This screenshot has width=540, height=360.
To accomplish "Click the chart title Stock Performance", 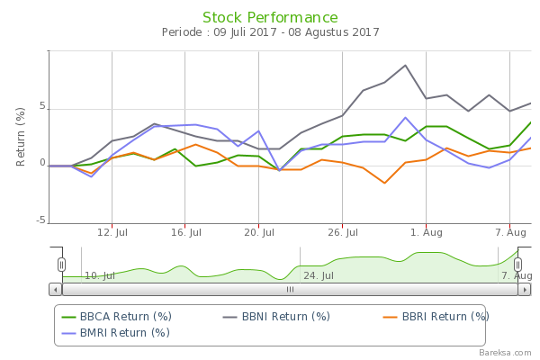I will pyautogui.click(x=270, y=18).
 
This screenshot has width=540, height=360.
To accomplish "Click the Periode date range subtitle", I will pyautogui.click(x=270, y=33).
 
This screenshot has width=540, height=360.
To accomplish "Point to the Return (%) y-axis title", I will pyautogui.click(x=21, y=137).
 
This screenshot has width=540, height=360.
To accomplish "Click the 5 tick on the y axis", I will pyautogui.click(x=41, y=107).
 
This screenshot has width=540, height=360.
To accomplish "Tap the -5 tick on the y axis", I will pyautogui.click(x=40, y=220).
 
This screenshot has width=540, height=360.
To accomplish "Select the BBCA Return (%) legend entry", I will pyautogui.click(x=116, y=317).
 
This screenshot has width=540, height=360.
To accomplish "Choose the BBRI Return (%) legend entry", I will pyautogui.click(x=436, y=317).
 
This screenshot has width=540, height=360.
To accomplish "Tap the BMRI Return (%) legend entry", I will pyautogui.click(x=116, y=333).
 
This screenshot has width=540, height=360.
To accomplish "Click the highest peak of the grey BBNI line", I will pyautogui.click(x=406, y=65).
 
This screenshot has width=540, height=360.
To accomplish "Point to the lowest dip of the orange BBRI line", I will pyautogui.click(x=385, y=184).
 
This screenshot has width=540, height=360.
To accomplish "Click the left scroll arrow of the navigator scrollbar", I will pyautogui.click(x=56, y=290).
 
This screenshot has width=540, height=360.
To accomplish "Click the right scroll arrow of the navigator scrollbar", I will pyautogui.click(x=525, y=290).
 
